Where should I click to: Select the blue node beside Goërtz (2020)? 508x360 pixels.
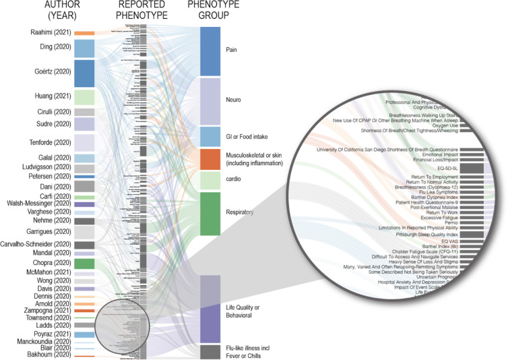coord(84,73)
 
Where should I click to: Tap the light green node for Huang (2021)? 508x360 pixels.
coord(84,97)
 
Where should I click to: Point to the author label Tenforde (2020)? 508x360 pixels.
coord(50,142)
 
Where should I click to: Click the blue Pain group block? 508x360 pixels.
coord(210,51)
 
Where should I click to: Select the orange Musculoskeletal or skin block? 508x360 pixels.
coord(210,159)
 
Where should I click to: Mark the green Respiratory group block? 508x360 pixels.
coord(210,214)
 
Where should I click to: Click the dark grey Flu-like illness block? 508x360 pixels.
coord(210,351)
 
